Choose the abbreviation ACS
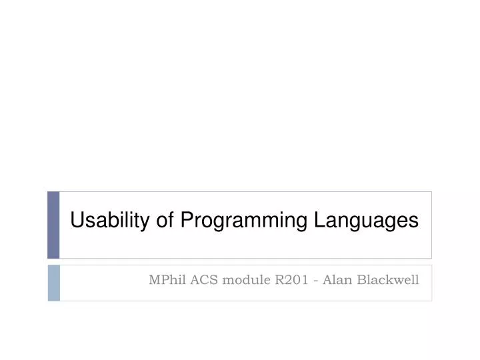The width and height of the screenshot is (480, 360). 203,280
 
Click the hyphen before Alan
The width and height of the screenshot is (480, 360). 317,281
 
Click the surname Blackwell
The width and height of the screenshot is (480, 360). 388,280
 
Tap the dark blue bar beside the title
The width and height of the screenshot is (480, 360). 53,225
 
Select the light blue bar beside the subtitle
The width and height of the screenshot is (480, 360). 53,283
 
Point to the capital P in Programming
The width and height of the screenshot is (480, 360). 186,221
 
